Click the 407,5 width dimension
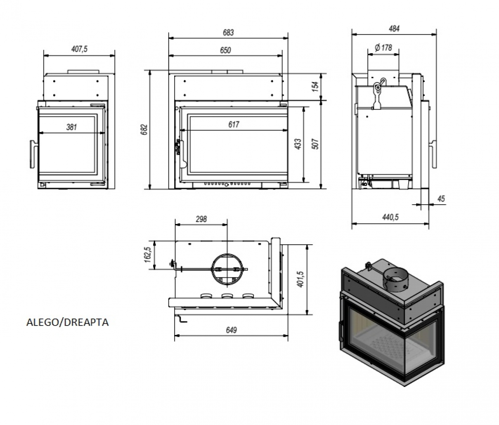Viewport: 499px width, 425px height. click(x=79, y=49)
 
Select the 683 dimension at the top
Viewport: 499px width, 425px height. click(x=228, y=32)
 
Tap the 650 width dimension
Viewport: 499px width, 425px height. click(x=225, y=50)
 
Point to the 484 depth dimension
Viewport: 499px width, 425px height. click(x=394, y=29)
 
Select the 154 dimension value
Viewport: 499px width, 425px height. click(x=315, y=86)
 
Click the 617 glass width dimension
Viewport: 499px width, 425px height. click(x=234, y=124)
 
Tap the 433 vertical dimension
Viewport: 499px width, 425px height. click(x=298, y=144)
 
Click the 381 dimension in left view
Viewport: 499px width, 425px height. click(x=71, y=127)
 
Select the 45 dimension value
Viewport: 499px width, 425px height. click(x=441, y=199)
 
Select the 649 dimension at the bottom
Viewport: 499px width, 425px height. click(x=232, y=331)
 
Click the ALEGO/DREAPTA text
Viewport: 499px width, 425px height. click(x=68, y=322)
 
